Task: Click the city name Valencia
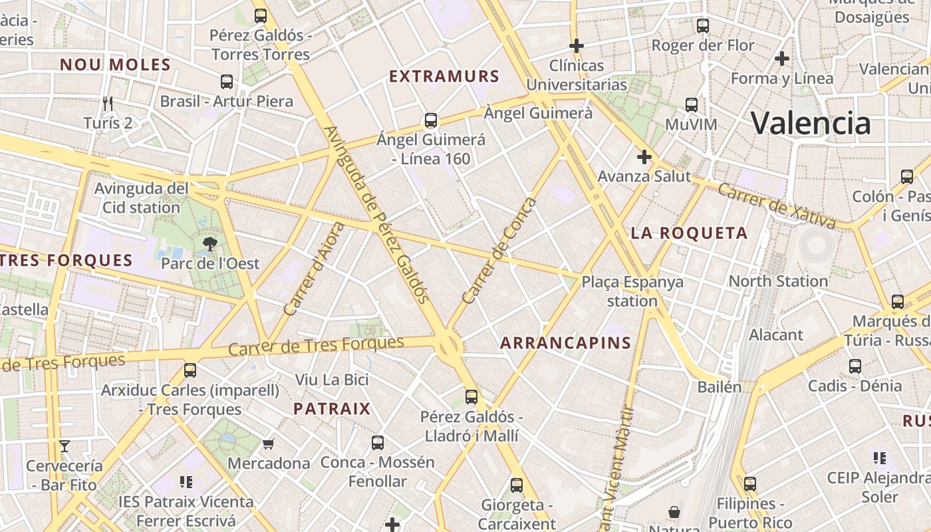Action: point(810,124)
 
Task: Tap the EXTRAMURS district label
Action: point(444,76)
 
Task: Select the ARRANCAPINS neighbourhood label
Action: point(565,343)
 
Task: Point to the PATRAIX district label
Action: point(332,408)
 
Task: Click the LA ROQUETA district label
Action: point(689,233)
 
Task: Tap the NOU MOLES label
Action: point(116,65)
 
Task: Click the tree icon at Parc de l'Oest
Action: point(210,244)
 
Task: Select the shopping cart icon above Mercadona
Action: point(269,444)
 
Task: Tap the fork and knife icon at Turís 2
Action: point(108,104)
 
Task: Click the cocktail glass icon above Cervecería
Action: point(65,446)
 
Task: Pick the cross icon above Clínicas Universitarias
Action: point(577,46)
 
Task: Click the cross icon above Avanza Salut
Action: point(644,158)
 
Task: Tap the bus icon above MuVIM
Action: point(692,105)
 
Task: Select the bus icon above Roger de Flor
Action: point(703,26)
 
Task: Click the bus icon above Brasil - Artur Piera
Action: point(227,82)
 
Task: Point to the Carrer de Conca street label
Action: point(499,251)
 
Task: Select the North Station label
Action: point(778,281)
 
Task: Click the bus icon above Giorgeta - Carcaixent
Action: point(517,485)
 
